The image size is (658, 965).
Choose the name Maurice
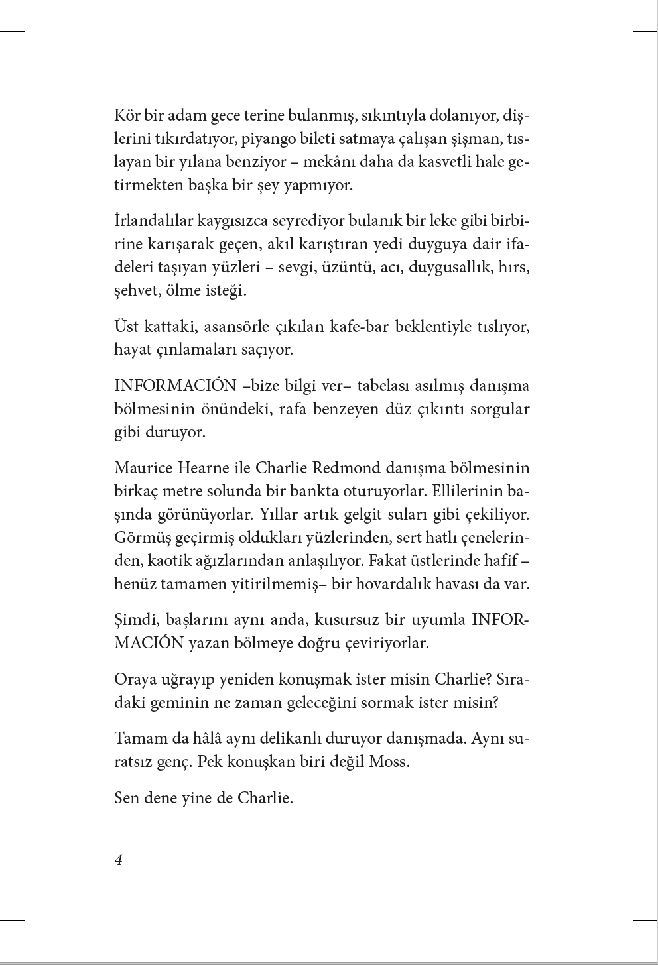pos(143,467)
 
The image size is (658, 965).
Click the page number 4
pos(119,860)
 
